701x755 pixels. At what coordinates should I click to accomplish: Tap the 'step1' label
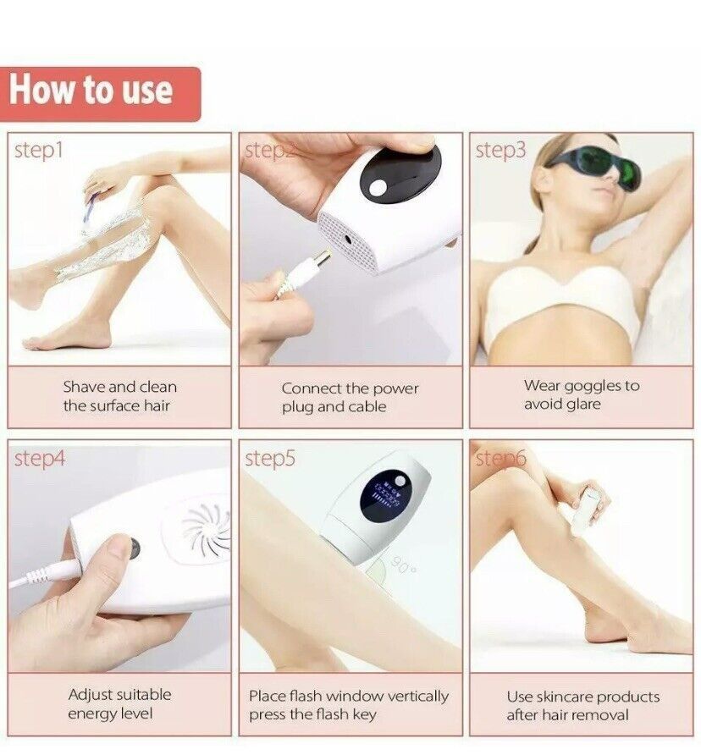click(39, 152)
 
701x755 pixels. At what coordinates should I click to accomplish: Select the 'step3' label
click(500, 151)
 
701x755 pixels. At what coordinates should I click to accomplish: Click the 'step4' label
click(39, 459)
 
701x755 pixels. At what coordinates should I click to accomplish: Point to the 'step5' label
click(270, 459)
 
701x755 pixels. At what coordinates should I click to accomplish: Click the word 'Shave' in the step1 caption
click(83, 387)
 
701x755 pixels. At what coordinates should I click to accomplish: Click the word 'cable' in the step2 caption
click(367, 407)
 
